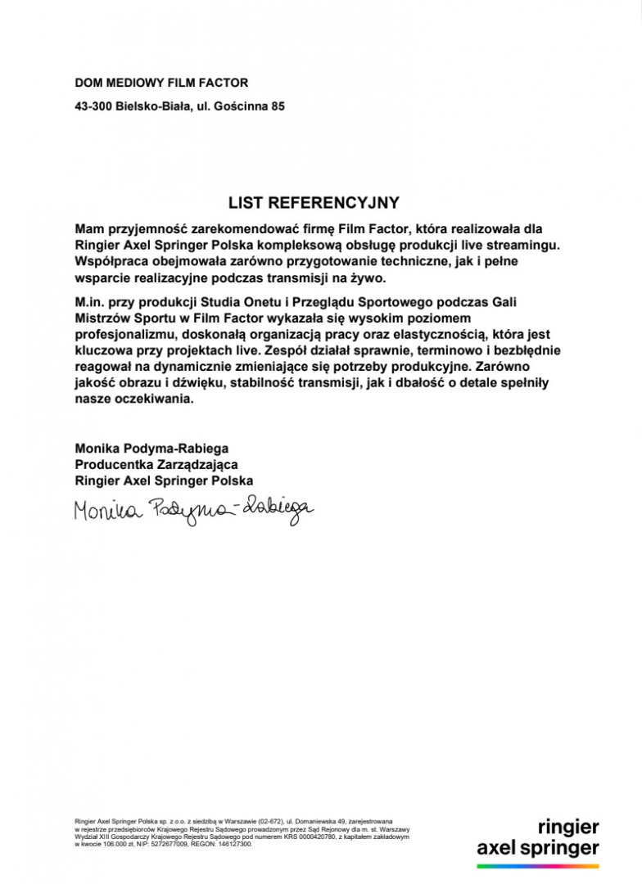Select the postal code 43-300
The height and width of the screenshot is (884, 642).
click(93, 106)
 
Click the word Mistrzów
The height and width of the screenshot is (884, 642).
click(101, 318)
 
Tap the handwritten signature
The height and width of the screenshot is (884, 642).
click(193, 512)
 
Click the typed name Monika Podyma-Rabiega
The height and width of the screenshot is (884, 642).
click(151, 449)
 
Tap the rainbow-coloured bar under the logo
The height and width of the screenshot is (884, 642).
click(538, 865)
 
